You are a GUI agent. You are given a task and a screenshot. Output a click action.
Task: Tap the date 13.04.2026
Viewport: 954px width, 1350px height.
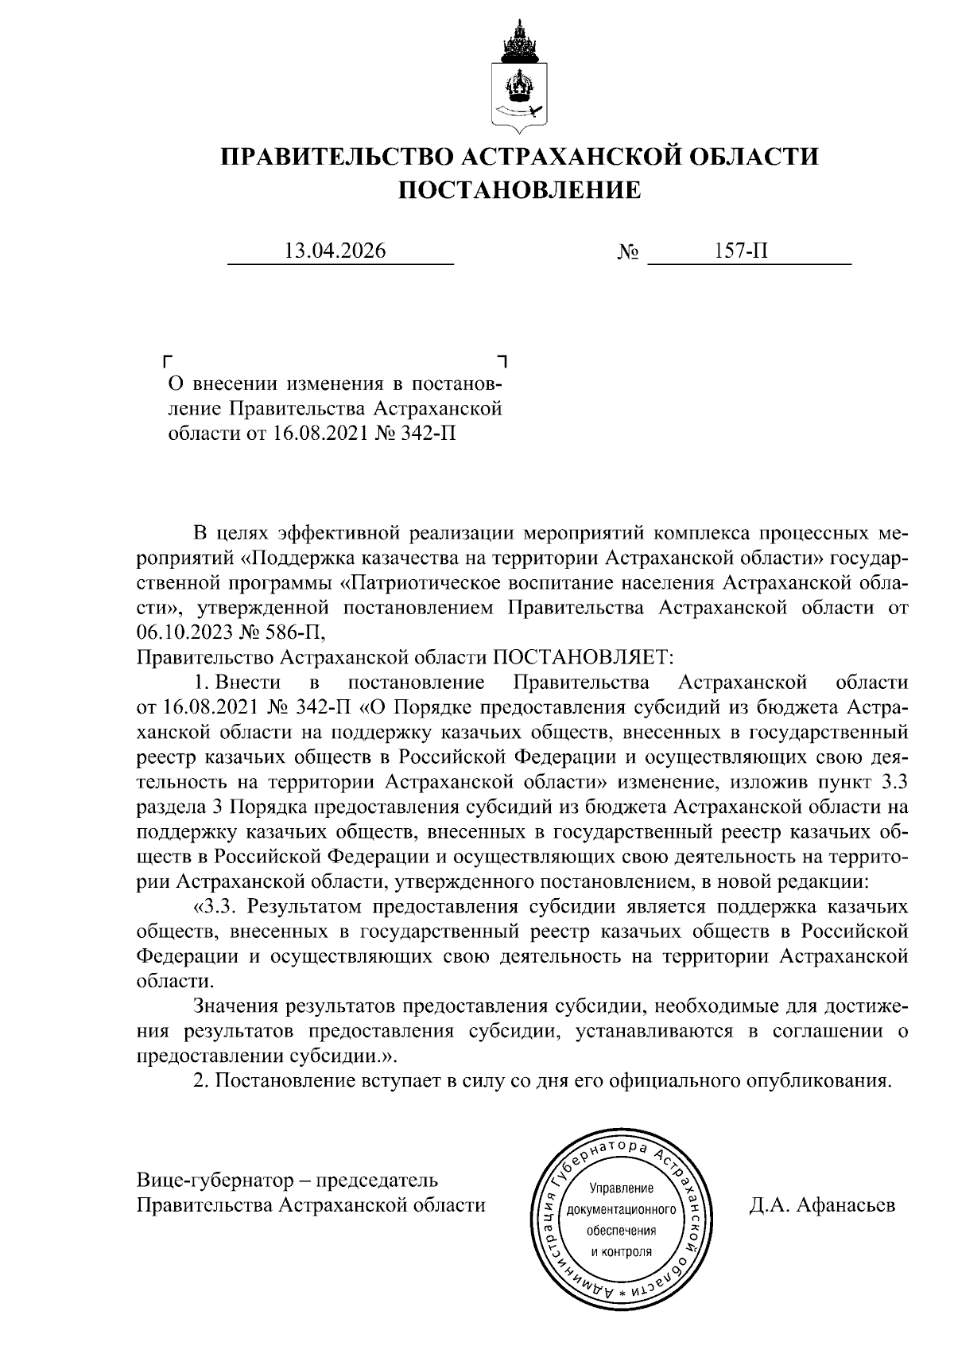pos(335,251)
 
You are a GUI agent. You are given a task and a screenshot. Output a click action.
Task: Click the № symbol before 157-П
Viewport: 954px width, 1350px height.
pos(628,253)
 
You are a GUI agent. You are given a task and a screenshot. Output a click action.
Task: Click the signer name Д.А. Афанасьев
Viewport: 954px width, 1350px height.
pos(821,1204)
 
